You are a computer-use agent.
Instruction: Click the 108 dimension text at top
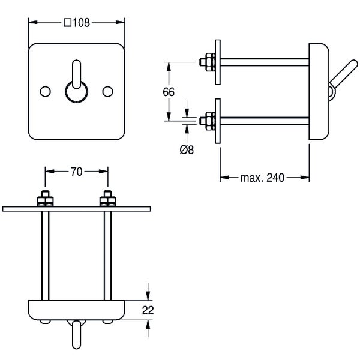(x=80, y=23)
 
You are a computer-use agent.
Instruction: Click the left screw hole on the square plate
(x=45, y=91)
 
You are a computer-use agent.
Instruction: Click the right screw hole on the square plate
(x=108, y=91)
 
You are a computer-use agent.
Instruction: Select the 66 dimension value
(x=169, y=91)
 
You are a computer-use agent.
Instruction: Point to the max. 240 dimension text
(x=262, y=178)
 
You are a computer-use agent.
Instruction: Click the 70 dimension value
(x=76, y=172)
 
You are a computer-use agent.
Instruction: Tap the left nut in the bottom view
(x=44, y=198)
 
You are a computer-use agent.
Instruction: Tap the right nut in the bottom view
(x=108, y=198)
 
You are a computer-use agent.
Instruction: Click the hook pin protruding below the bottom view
(x=76, y=334)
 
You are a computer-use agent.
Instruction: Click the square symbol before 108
(x=67, y=23)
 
